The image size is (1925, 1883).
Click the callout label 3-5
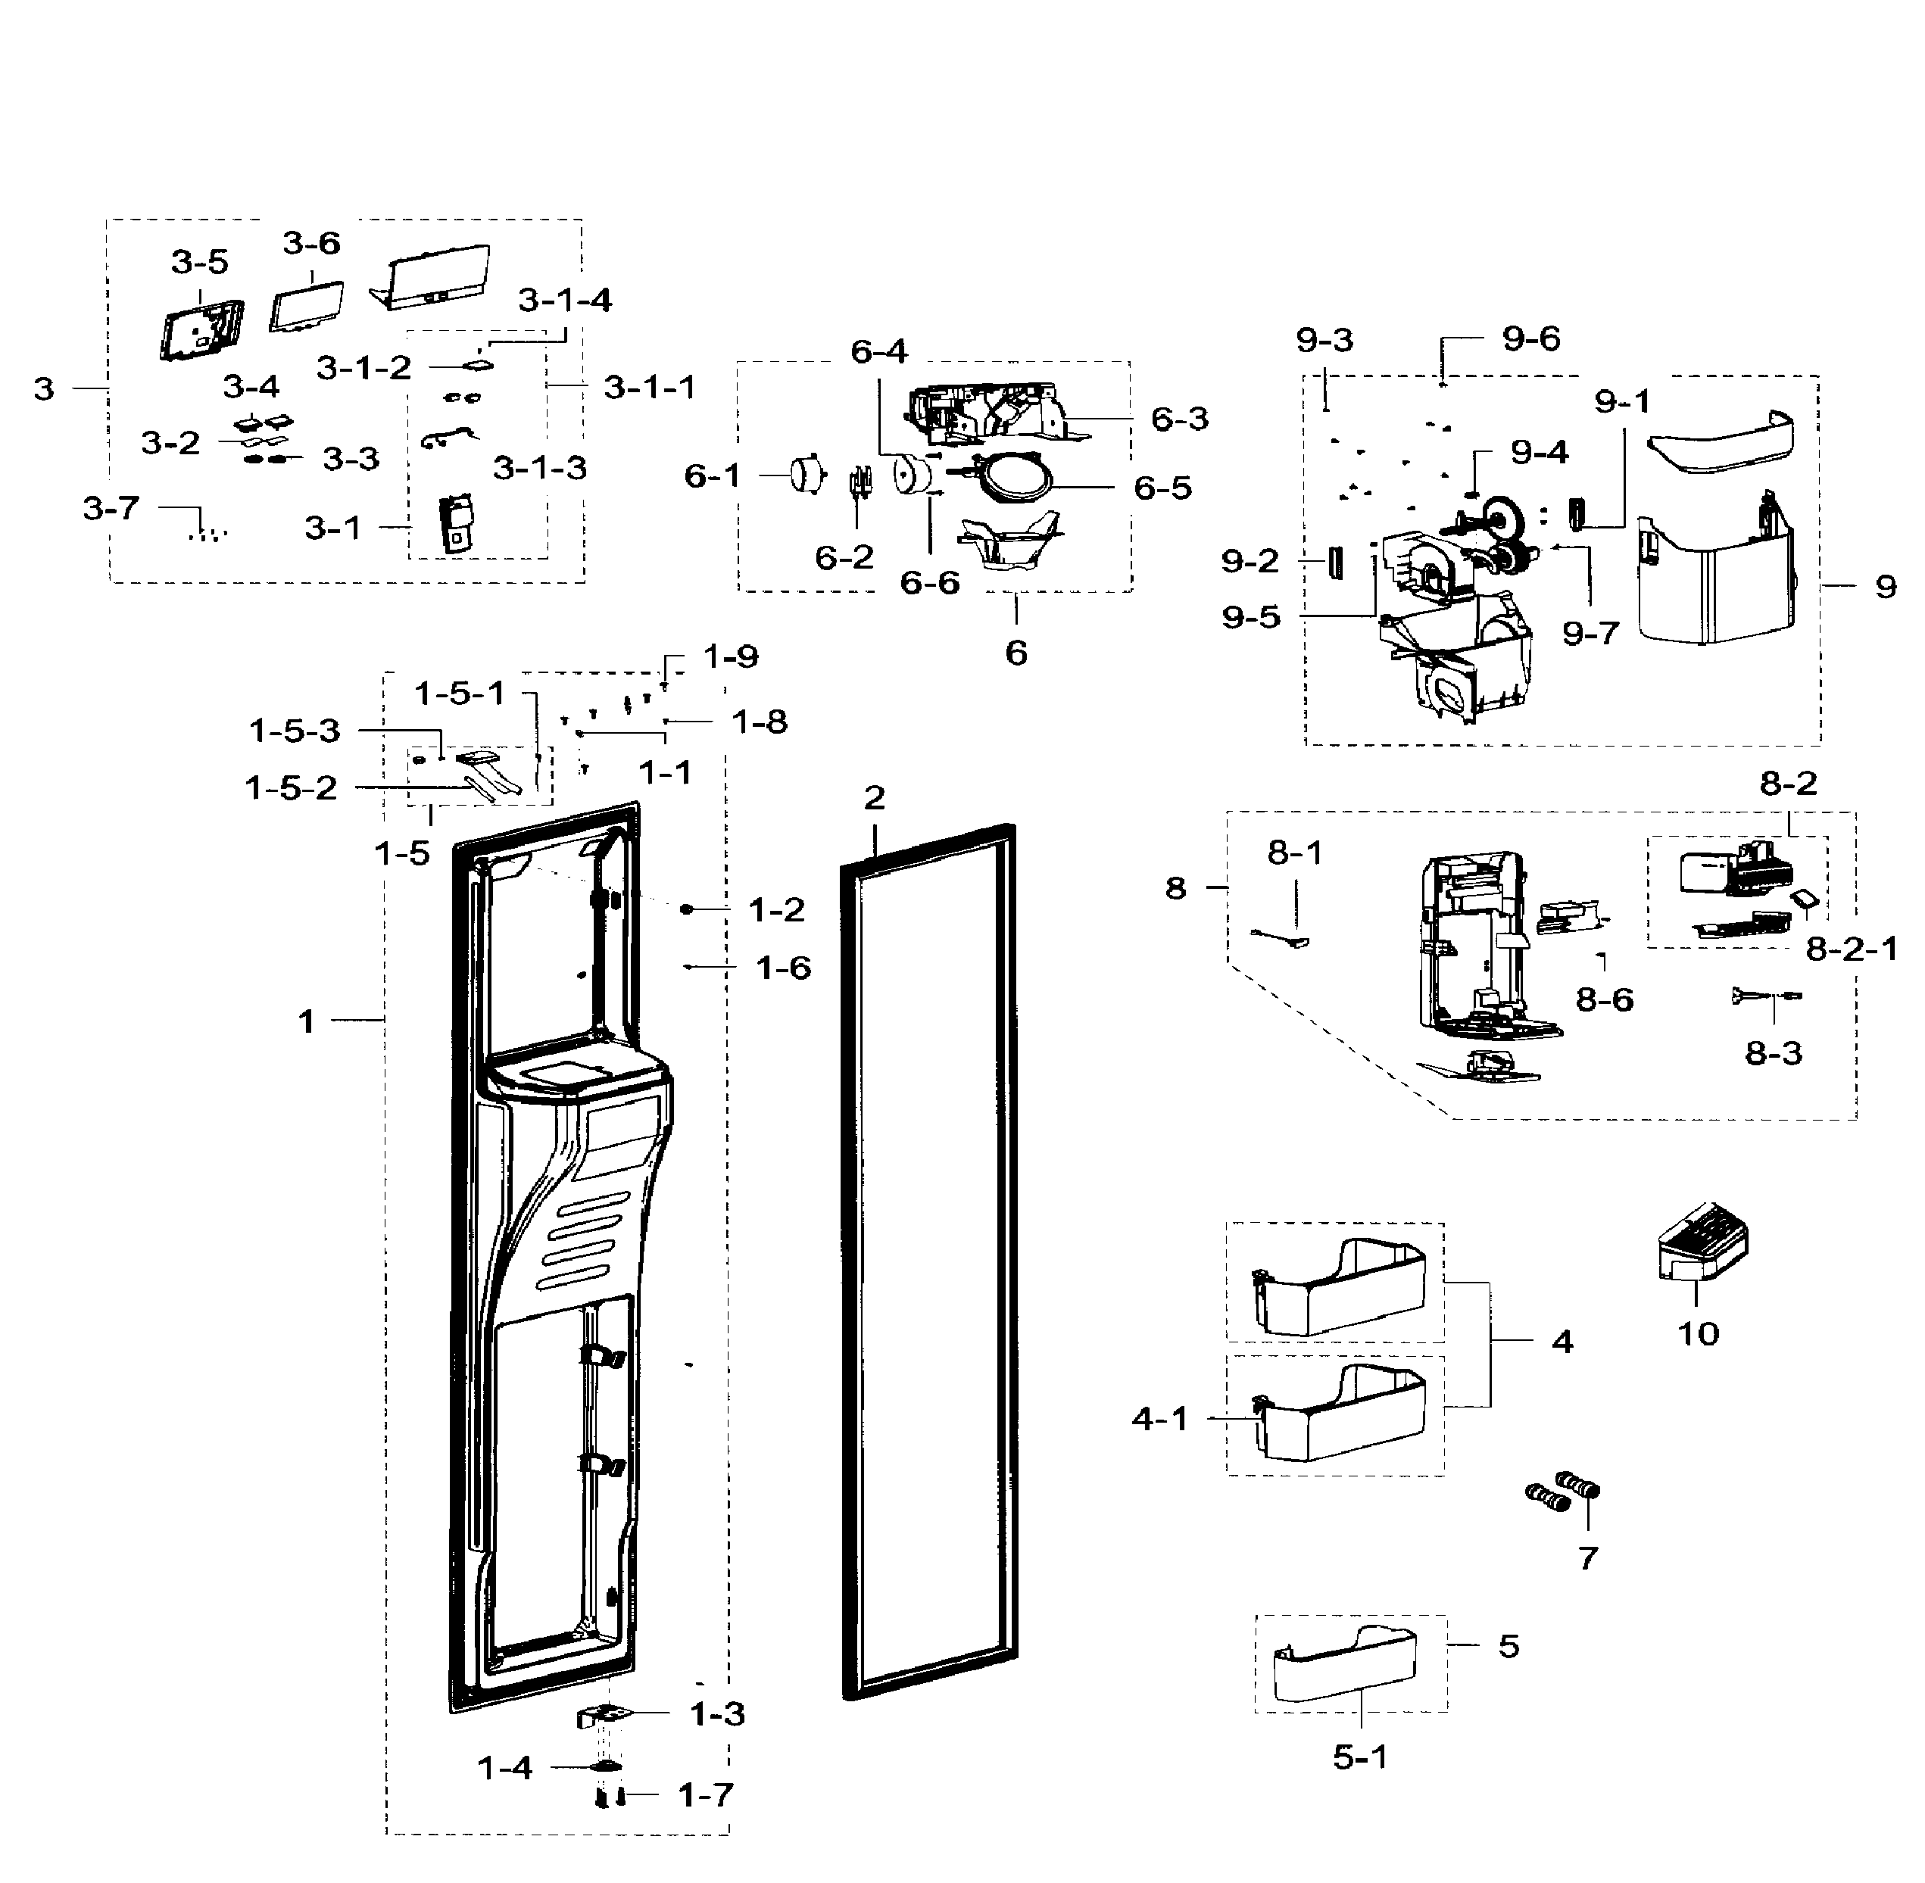tap(199, 262)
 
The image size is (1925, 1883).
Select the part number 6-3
tap(1179, 419)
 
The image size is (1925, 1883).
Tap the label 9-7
tap(1590, 633)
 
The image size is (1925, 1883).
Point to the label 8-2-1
tap(1852, 949)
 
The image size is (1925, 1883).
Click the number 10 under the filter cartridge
tap(1698, 1334)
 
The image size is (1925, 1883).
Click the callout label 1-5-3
tap(294, 731)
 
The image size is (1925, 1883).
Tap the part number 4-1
tap(1159, 1419)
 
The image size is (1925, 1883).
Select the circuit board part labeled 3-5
tap(201, 329)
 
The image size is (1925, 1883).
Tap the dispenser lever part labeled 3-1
tap(456, 523)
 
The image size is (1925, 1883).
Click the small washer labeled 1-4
tap(605, 1766)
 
